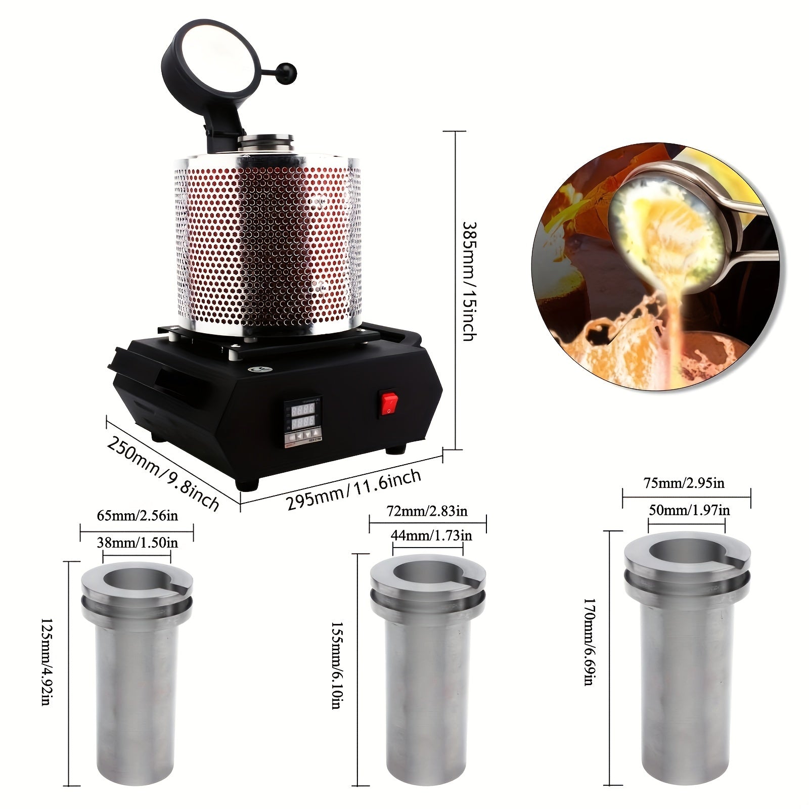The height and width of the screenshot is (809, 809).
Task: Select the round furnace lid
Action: point(215,62)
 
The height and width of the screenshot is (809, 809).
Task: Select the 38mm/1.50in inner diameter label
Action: point(137,543)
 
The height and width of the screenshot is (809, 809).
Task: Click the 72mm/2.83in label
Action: point(427,511)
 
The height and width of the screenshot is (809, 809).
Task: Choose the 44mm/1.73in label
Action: point(431,535)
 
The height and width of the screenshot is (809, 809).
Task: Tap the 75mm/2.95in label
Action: point(684,483)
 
